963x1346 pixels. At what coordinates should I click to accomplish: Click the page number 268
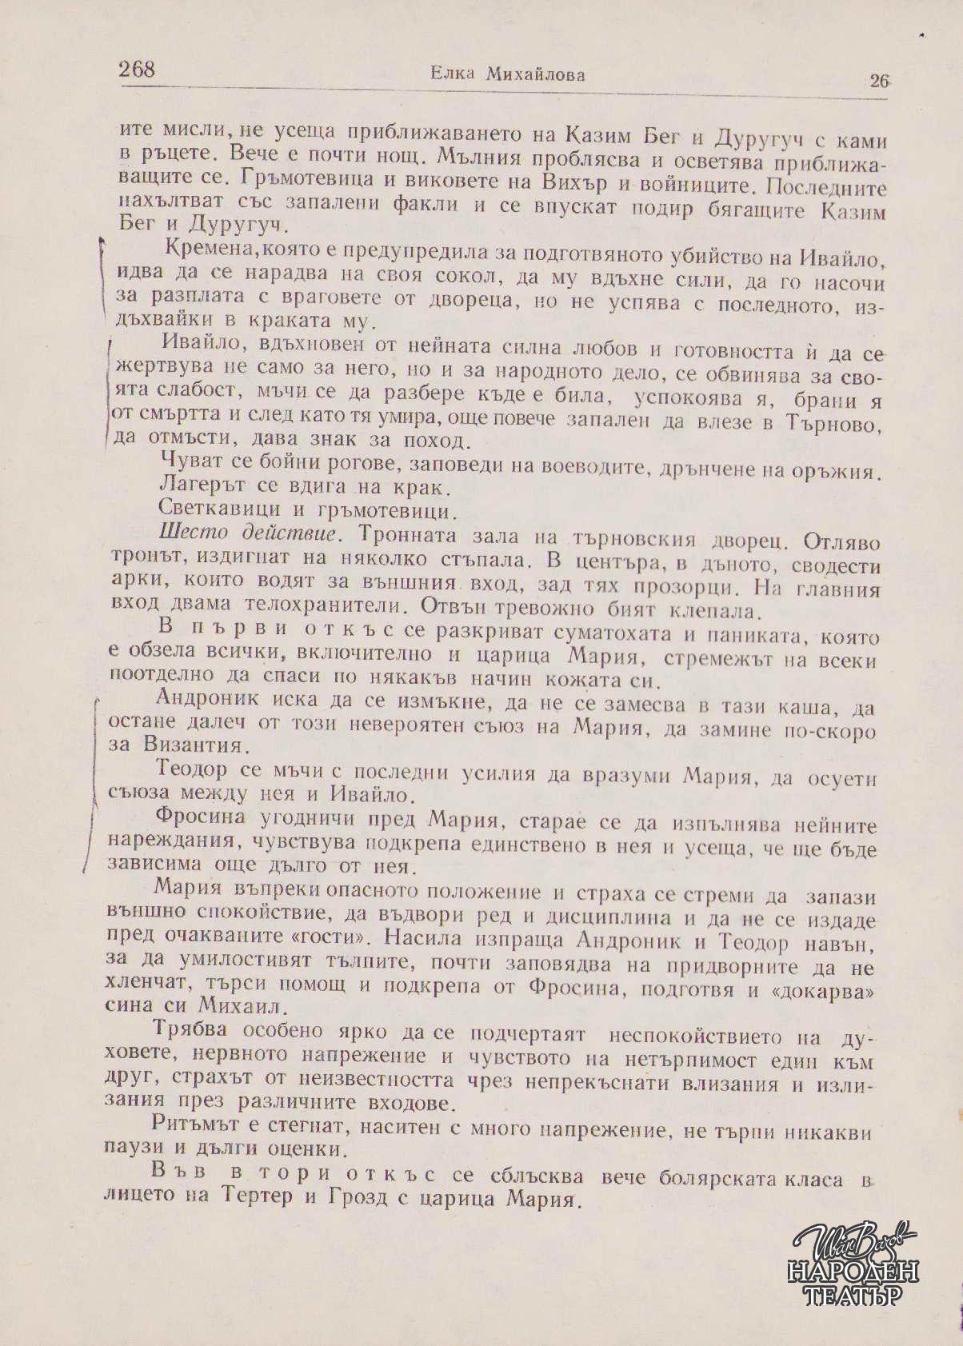[137, 69]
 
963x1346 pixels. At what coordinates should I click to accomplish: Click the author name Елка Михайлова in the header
[507, 74]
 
